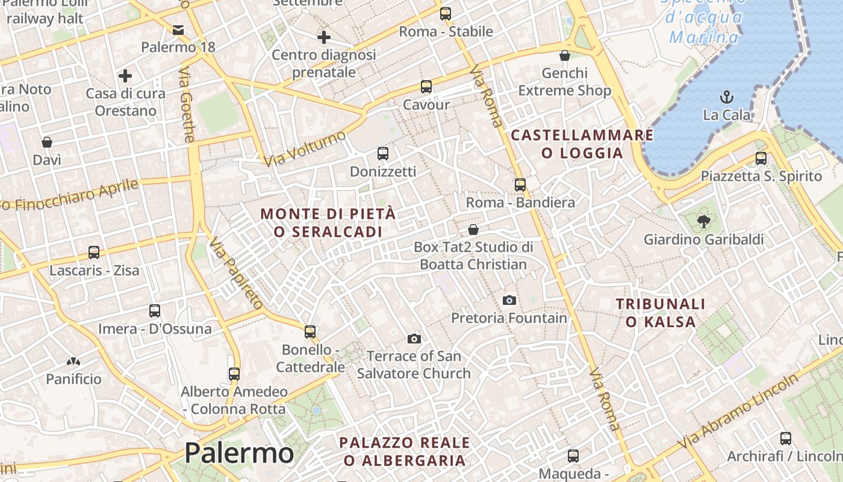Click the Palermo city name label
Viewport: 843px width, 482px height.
[x=239, y=452]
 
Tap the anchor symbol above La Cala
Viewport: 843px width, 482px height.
[x=727, y=96]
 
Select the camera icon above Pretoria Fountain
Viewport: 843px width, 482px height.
[x=509, y=300]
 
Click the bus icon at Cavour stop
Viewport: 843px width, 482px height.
[x=426, y=87]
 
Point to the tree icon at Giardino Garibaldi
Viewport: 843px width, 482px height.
[x=703, y=222]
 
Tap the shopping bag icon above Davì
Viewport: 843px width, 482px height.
[x=47, y=142]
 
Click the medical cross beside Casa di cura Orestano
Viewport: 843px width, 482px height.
[x=125, y=76]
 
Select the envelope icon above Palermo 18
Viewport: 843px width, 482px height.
[x=178, y=30]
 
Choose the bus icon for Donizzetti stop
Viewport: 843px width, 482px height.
[x=383, y=154]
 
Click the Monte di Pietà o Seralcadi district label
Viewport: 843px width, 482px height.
[x=329, y=222]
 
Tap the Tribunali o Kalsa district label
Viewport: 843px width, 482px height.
[x=661, y=313]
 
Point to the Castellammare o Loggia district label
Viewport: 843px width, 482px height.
[x=582, y=144]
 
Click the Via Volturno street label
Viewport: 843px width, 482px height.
[x=305, y=148]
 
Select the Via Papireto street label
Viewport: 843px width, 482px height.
[x=236, y=273]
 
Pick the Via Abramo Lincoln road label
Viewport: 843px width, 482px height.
[x=740, y=411]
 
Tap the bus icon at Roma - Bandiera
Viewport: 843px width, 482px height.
[x=520, y=185]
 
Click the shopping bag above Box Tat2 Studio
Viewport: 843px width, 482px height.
[x=473, y=230]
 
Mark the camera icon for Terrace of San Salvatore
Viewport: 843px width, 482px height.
[x=414, y=339]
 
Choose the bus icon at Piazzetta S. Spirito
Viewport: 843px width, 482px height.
[x=761, y=158]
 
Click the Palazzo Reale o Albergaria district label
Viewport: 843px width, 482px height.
[x=405, y=451]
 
